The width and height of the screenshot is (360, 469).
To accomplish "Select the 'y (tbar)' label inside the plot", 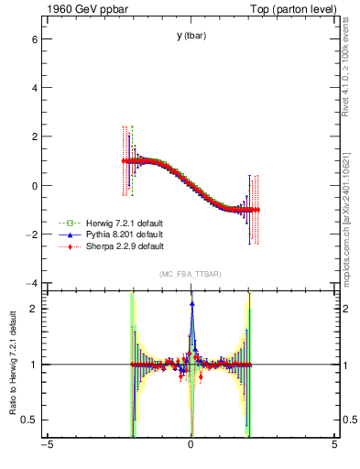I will click(x=191, y=36).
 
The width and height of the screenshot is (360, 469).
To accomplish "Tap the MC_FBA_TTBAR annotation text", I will click(x=190, y=275).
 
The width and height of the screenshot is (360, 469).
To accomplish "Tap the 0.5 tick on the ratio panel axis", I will click(x=28, y=420).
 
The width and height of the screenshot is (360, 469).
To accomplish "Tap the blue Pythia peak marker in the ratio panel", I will click(x=191, y=303).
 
